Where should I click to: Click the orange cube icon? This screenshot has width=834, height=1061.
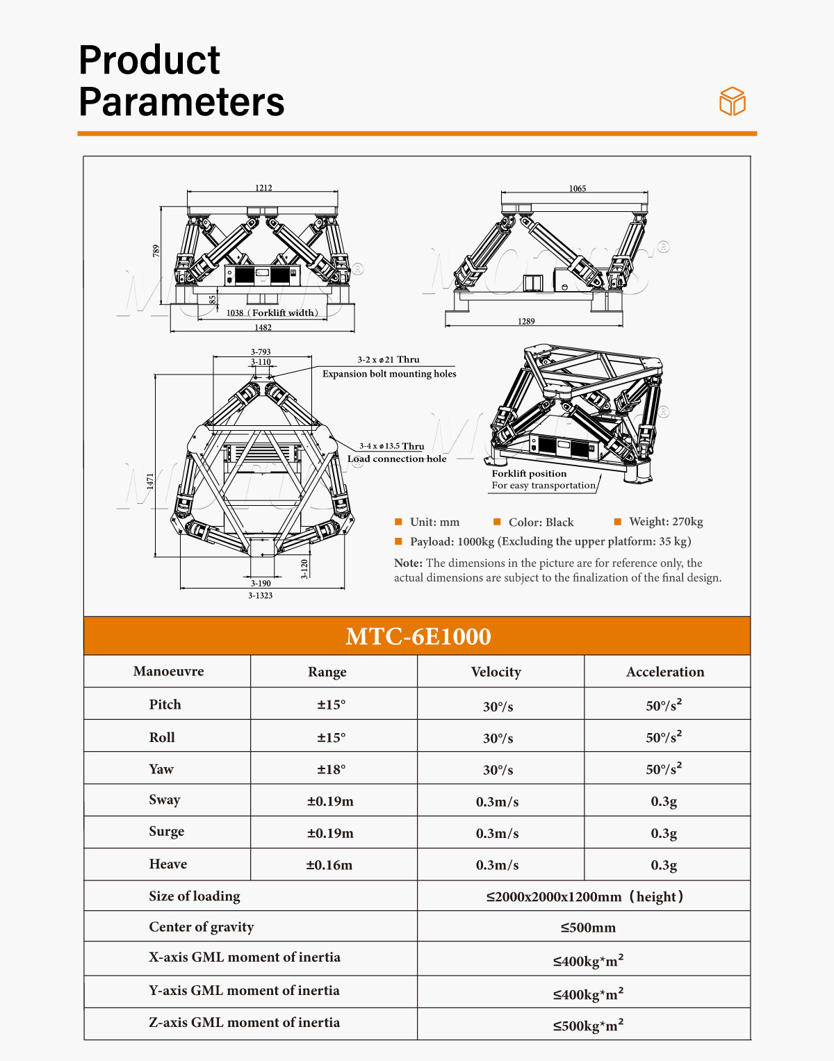click(733, 101)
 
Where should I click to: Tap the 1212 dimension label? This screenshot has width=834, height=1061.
click(263, 188)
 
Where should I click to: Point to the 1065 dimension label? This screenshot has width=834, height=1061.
click(578, 188)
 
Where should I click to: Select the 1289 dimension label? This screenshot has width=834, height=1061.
click(526, 321)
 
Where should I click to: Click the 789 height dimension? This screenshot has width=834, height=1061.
click(156, 251)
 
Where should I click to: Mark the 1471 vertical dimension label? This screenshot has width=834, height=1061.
click(150, 481)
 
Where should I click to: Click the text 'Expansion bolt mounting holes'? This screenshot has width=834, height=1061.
click(389, 374)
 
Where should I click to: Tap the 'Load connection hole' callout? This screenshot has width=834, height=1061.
click(397, 459)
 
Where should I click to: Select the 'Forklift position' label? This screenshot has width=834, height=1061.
click(529, 473)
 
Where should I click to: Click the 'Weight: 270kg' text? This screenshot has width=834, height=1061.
click(666, 521)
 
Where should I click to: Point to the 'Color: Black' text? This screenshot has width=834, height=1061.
click(541, 522)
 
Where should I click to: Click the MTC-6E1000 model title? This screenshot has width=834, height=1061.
click(418, 636)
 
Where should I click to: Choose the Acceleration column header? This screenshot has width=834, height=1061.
click(665, 672)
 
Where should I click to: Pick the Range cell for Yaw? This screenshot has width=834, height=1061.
click(332, 769)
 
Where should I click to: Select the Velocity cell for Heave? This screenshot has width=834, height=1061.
click(497, 865)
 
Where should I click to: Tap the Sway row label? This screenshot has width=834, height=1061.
click(165, 800)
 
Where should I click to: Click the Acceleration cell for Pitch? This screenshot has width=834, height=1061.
click(664, 705)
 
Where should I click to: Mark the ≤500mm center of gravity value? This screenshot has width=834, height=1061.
click(588, 928)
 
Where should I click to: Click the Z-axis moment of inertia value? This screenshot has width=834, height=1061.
click(588, 1026)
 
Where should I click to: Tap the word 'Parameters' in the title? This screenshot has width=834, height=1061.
click(181, 101)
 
